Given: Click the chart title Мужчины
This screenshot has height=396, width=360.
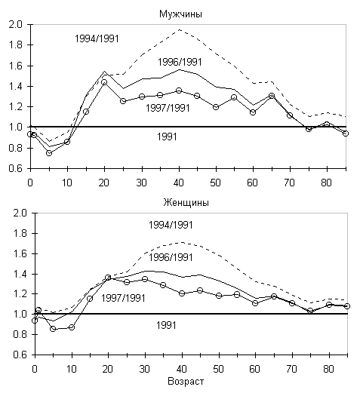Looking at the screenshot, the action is tap(180, 14).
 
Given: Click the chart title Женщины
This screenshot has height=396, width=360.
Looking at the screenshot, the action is tap(186, 203).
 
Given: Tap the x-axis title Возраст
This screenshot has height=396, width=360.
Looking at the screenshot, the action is tap(186, 382).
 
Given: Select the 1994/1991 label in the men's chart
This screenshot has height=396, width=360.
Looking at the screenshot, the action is tap(97, 39).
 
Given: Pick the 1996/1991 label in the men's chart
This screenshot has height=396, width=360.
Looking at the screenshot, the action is tap(180, 62).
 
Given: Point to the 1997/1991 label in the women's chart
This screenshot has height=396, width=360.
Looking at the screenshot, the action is tap(123, 298).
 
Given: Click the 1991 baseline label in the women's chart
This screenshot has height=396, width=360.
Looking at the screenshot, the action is tap(166, 325).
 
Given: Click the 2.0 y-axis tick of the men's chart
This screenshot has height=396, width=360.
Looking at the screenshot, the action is tap(15, 25).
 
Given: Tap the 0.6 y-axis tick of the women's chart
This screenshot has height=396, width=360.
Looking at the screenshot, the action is tap(20, 355).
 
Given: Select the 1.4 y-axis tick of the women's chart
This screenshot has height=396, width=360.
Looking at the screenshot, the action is tap(20, 274).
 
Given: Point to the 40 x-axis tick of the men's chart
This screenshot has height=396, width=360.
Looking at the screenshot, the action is tap(179, 183).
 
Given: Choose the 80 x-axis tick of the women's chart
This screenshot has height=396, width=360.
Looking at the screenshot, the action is tap(329, 370).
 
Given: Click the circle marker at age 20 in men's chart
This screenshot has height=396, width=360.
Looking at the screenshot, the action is tap(104, 82).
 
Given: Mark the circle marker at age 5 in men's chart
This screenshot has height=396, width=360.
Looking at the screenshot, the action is tap(49, 153).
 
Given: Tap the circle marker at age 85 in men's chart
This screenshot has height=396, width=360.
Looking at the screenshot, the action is tap(346, 134).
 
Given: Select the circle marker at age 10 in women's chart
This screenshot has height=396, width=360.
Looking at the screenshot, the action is tap(72, 327).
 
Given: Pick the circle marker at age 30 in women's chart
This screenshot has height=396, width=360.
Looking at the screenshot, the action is tap(145, 279).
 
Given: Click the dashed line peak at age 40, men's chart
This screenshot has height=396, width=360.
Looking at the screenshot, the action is tap(180, 29).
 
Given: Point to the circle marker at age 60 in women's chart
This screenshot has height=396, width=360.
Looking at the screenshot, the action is tap(255, 302).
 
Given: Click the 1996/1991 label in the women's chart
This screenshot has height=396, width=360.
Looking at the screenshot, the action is tap(171, 258).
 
